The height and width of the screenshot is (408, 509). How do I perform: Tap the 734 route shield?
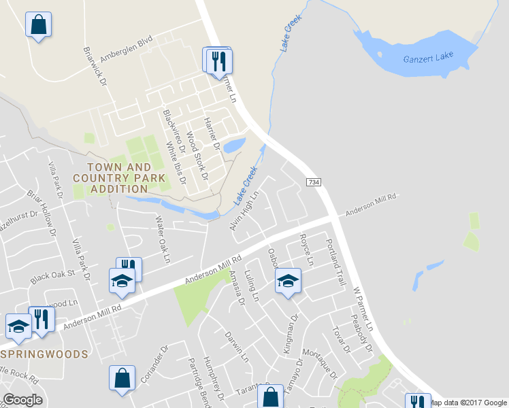click(313, 183)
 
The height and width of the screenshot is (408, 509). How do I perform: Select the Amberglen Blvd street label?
click(126, 50)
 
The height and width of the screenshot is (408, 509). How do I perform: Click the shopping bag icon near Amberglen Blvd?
click(39, 25)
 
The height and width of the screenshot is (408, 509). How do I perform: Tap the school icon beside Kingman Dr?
click(288, 281)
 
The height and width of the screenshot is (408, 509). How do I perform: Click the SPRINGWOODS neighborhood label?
click(44, 354)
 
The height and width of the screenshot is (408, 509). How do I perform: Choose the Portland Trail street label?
click(337, 262)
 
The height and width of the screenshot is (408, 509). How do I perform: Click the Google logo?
click(22, 400)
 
